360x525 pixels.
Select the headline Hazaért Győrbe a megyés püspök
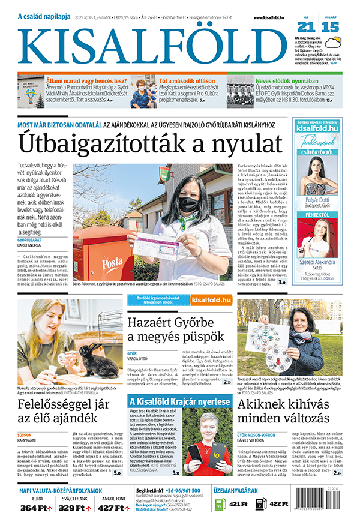pyautogui.click(x=176, y=331)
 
